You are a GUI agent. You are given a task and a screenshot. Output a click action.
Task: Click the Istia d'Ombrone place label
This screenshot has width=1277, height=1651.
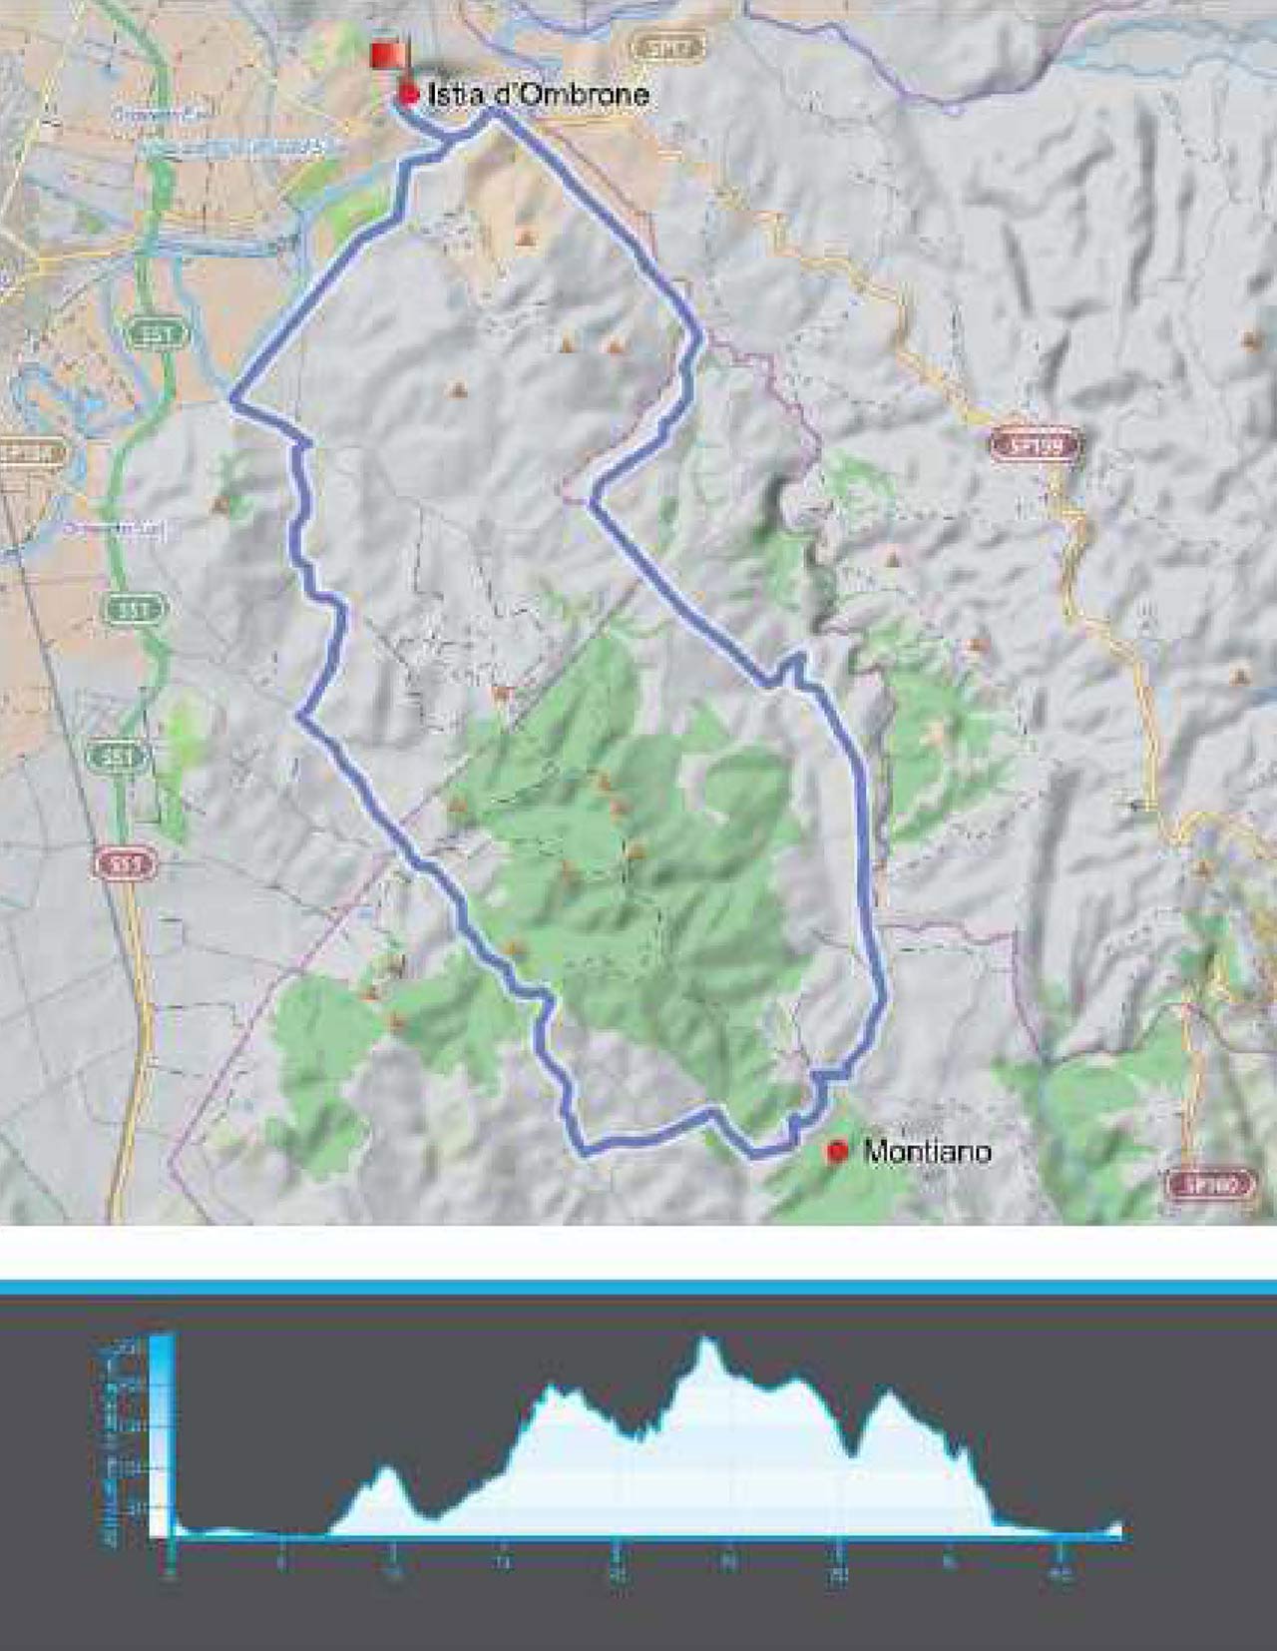coord(539,95)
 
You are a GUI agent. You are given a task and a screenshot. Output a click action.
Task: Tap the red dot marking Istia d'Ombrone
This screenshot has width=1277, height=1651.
coord(408,95)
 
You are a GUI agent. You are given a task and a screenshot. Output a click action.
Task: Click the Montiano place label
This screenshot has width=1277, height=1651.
coord(927,1152)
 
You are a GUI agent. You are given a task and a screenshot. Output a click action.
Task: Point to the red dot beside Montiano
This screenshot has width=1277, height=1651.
coord(837,1152)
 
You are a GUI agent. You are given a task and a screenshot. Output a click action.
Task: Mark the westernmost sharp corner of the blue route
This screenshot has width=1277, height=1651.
coord(232,399)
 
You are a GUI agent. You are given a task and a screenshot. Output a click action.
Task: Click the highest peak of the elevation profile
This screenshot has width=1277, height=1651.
coord(706,1340)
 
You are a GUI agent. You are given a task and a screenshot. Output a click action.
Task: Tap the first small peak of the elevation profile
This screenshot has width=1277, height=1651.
coord(386,1467)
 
